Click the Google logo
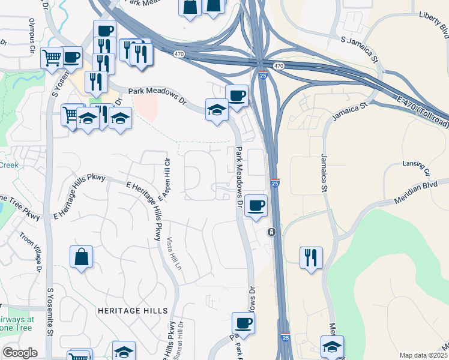[20, 353]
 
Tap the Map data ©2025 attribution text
[423, 355]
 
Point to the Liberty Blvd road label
[434, 27]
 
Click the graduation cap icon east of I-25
[332, 346]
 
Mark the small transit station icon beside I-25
[272, 232]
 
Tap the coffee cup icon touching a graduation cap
[237, 95]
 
